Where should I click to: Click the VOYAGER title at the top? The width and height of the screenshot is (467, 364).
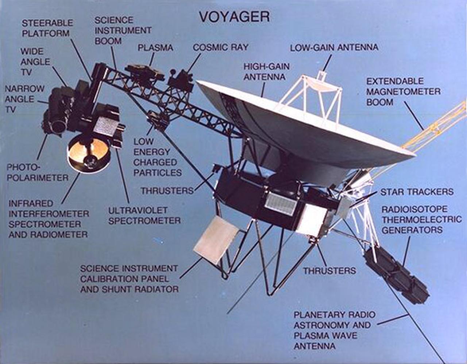[234, 16]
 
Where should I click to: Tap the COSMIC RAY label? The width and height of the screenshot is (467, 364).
[220, 47]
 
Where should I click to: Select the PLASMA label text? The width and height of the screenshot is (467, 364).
[155, 47]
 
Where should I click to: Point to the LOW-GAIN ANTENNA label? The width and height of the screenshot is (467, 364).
[334, 47]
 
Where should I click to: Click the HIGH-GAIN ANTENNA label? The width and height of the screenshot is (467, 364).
[266, 72]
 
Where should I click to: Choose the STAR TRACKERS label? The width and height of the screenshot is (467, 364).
[417, 192]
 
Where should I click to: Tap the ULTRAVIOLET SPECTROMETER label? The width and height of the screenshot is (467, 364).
[144, 215]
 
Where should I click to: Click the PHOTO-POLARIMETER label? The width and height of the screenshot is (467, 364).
[38, 172]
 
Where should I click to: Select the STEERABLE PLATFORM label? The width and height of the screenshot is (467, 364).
[47, 28]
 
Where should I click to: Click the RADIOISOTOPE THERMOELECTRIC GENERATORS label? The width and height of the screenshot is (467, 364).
[422, 220]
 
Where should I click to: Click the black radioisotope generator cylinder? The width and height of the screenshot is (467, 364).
[397, 275]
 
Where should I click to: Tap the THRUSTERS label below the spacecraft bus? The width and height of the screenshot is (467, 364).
[329, 271]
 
